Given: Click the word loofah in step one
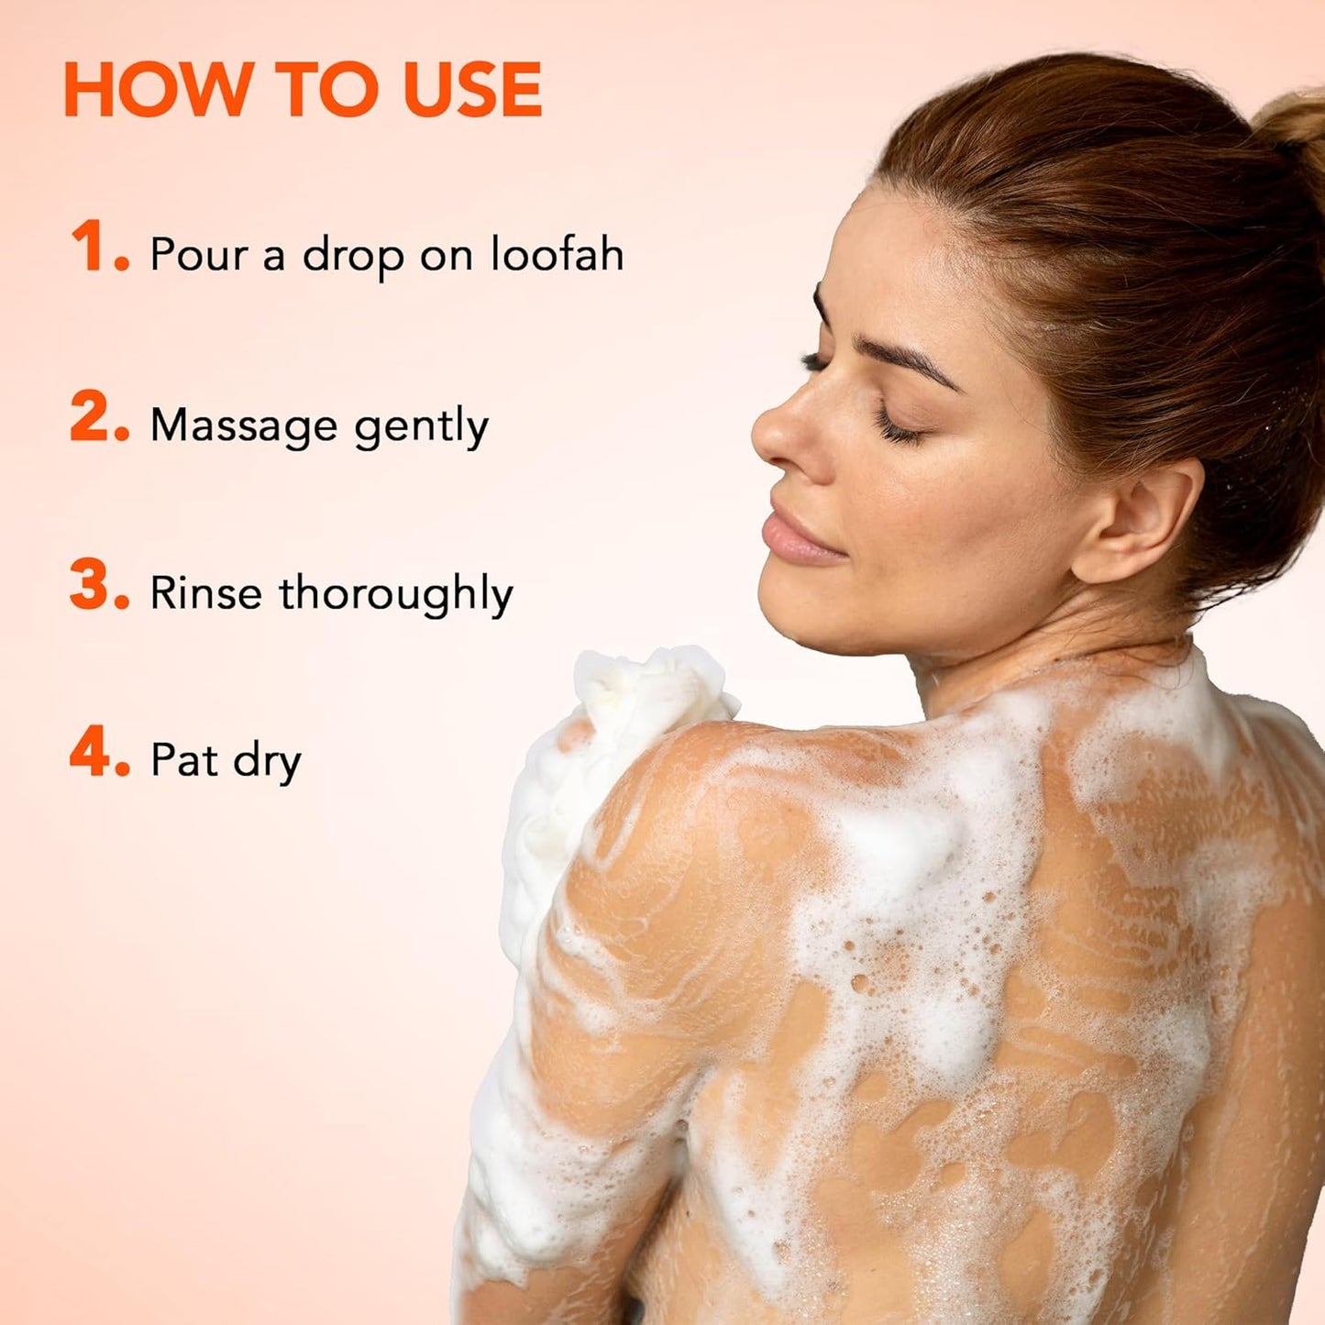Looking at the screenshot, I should [x=558, y=254].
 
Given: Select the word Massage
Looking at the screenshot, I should [x=243, y=425].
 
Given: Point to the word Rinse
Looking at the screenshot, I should [x=205, y=592].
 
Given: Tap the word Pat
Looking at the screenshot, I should [x=184, y=759].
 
